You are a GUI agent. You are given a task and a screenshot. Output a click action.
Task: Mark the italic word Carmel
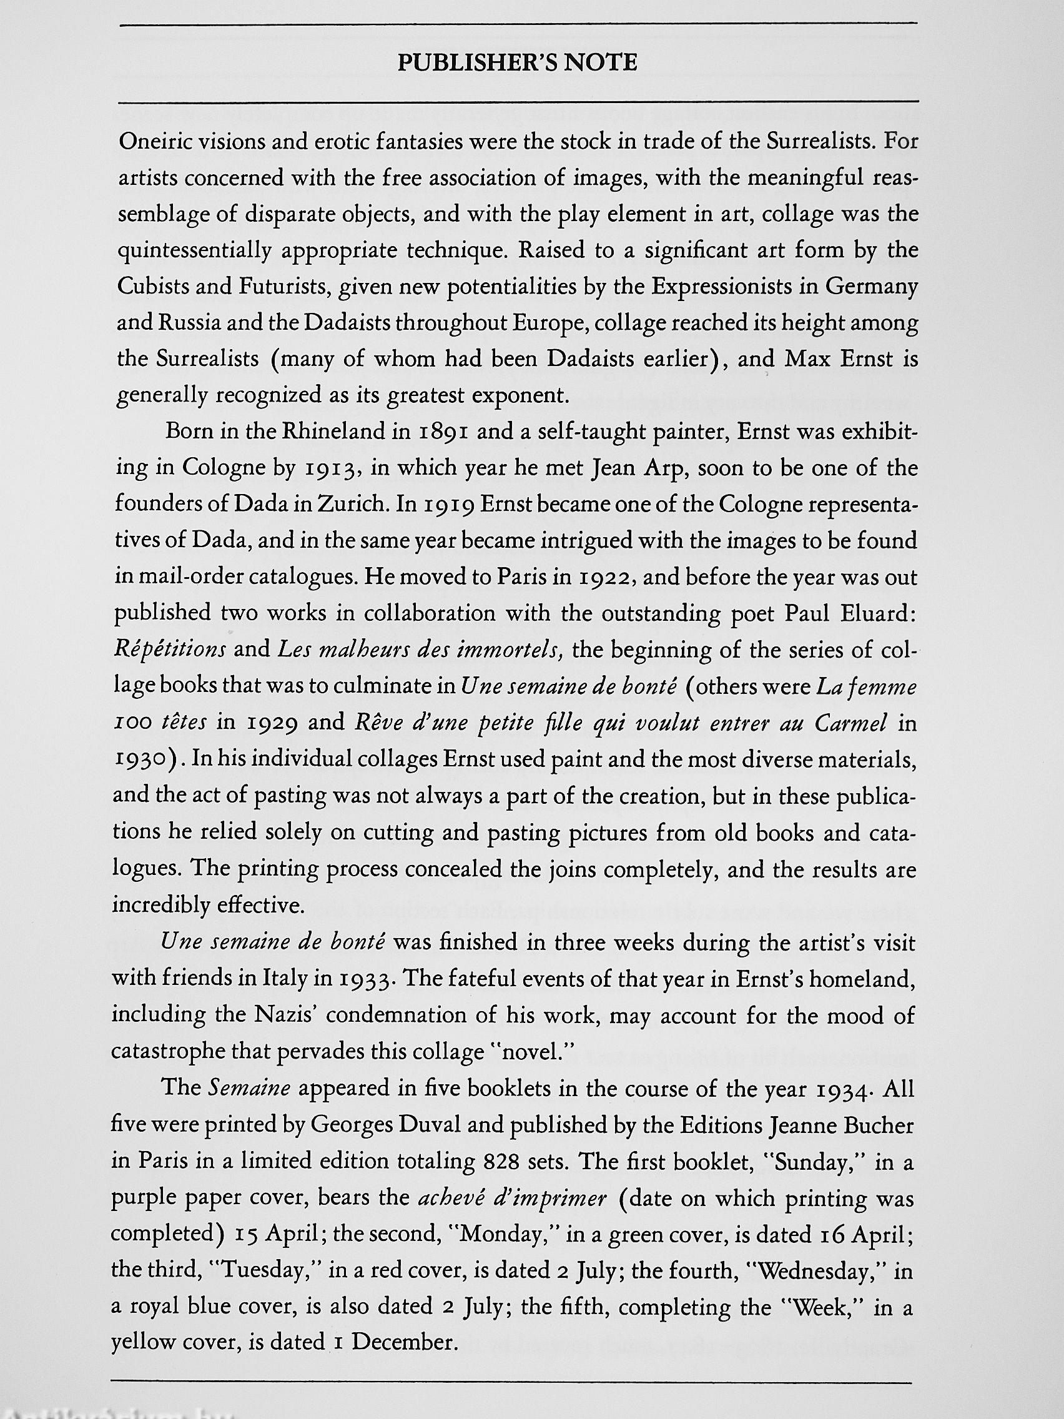[x=851, y=724]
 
